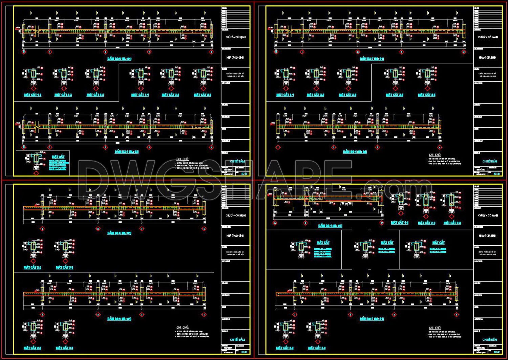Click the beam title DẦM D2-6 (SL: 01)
point(119,59)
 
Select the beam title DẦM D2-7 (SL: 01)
point(372,59)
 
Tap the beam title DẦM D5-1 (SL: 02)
point(330,226)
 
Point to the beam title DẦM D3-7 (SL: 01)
point(372,319)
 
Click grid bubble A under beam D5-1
point(275,223)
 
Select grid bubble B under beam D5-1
point(305,223)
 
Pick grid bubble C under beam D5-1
point(382,223)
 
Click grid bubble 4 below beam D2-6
point(212,52)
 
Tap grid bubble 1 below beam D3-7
point(295,315)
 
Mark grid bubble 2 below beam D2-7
point(358,52)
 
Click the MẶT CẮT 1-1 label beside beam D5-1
point(400,223)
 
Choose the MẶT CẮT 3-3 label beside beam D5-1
point(452,223)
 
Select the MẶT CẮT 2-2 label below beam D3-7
point(284,348)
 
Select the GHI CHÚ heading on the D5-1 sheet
point(435,328)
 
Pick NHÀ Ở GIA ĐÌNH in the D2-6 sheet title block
point(235,58)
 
